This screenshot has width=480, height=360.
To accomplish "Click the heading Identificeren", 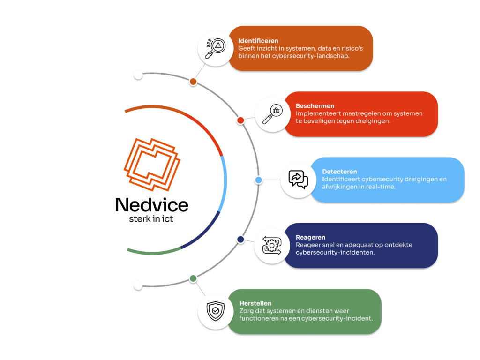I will click(258, 41).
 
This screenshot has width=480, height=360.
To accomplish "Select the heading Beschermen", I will click(315, 106).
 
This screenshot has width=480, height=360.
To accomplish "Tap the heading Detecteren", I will click(340, 172).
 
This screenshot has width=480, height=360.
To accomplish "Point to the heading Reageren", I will click(311, 238).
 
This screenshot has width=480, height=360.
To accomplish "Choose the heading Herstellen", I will click(255, 303).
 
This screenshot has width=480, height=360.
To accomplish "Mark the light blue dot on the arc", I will click(258, 180).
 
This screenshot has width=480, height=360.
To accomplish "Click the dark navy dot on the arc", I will click(240, 240).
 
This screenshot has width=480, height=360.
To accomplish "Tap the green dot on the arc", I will click(193, 279).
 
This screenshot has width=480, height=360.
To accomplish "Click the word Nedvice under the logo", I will click(151, 205).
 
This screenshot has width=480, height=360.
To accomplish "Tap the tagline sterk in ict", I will click(151, 219).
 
